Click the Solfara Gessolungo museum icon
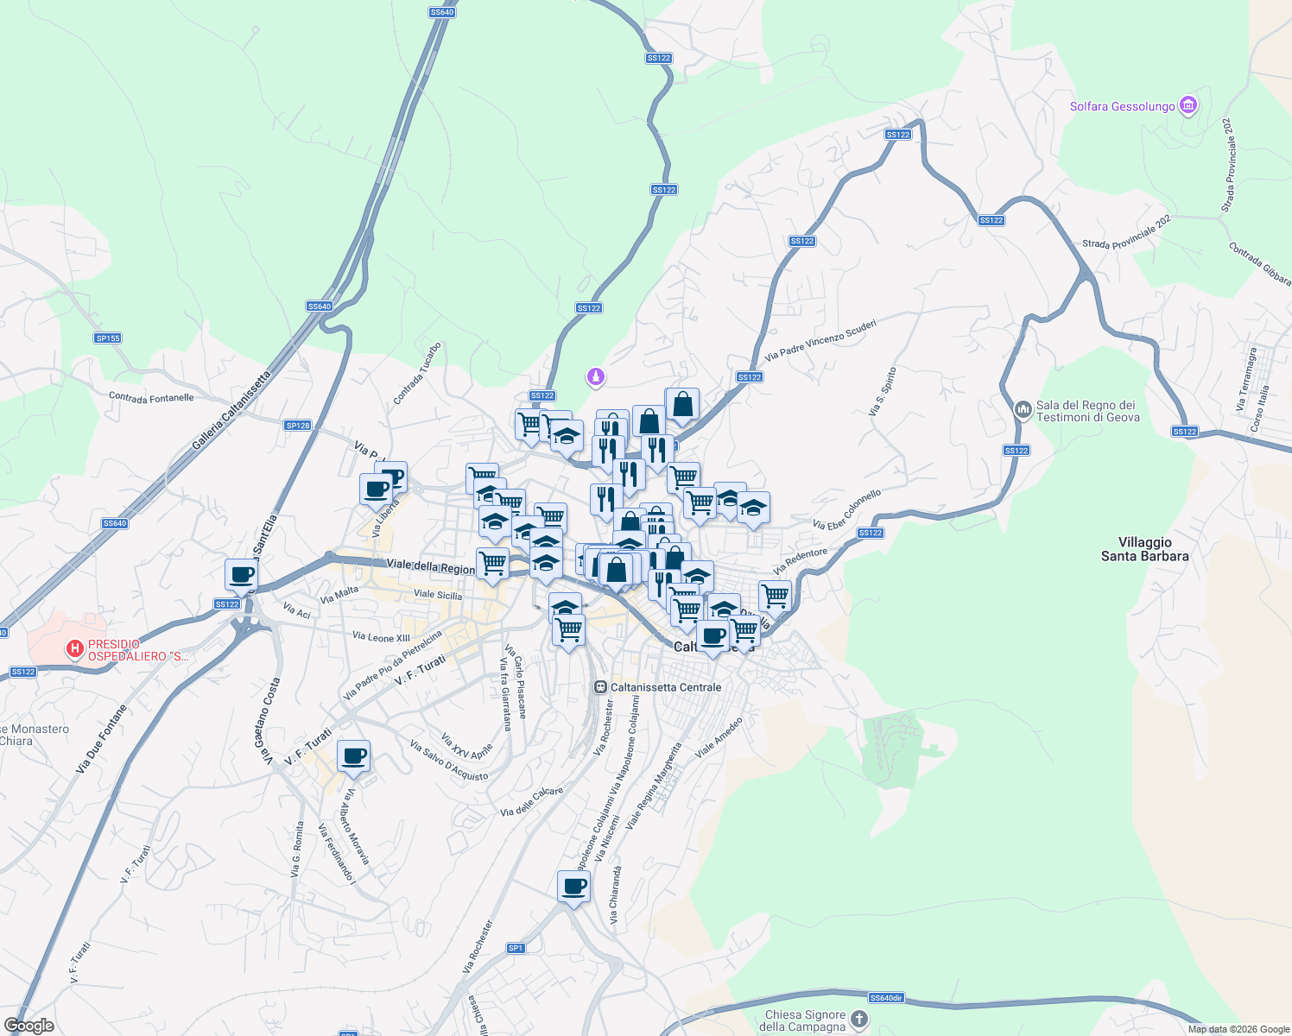pos(1188,106)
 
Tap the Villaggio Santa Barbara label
pos(1144,549)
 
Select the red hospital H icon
pos(75,647)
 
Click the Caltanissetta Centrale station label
pos(665,687)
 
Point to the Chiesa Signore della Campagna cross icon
pos(858,1020)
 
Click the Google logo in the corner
pos(28,1025)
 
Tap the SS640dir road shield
pos(885,998)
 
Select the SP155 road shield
pos(108,338)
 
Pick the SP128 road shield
pos(297,425)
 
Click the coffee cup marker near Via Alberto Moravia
pos(353,756)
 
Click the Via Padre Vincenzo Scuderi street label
pos(820,340)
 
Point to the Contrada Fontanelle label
pos(151,397)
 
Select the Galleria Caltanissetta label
pos(231,411)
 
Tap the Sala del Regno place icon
pos(1023,409)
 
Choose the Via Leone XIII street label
pos(381,637)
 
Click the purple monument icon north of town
pos(595,376)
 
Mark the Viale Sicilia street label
pos(437,595)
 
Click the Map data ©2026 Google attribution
pos(1238,1029)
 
